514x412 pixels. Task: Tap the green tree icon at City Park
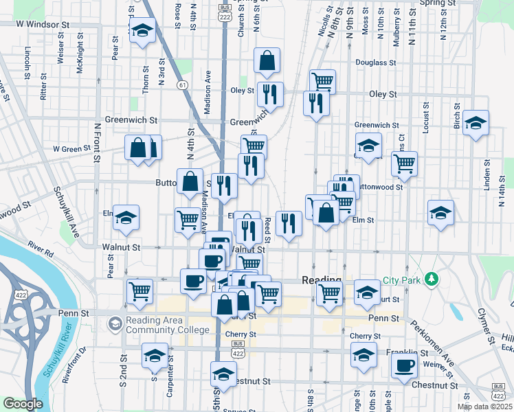coord(431,279)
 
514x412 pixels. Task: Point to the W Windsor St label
coord(43,24)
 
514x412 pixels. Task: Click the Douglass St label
coord(375,62)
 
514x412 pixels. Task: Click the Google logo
coord(23,404)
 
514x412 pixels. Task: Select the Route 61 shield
coord(181,84)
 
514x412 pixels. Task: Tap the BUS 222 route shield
coord(224,11)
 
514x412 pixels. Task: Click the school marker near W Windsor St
coord(142,30)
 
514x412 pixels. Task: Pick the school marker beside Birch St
coord(476,123)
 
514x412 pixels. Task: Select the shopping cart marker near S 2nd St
coord(140,290)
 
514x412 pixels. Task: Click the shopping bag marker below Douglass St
coord(267,61)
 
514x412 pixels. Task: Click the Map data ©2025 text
coord(484,407)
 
